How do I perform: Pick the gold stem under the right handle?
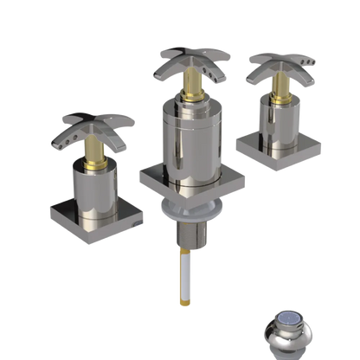click(x=281, y=89)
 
